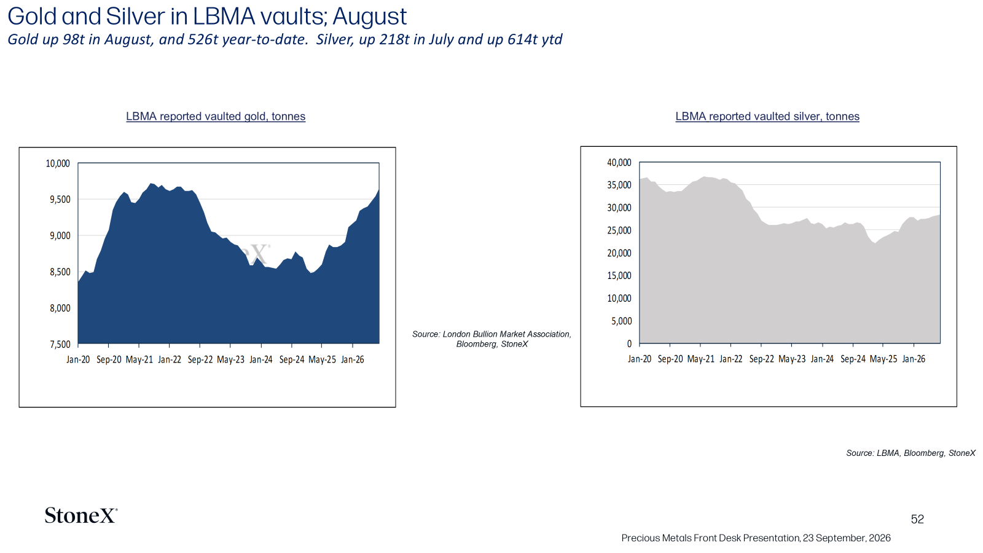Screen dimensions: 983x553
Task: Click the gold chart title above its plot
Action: pos(216,116)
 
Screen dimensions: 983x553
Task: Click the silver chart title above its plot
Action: pos(767,116)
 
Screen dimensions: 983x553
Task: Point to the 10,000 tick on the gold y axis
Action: pos(58,163)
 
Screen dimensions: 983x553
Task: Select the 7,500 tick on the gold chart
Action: pos(60,345)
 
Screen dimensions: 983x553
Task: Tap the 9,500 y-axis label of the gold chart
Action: pos(60,200)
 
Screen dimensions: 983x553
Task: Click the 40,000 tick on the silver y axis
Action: pos(619,163)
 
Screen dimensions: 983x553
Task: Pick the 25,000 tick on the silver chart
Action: pos(619,230)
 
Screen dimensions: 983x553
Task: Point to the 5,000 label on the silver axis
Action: pos(621,321)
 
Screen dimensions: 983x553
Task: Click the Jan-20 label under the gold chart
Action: pos(78,359)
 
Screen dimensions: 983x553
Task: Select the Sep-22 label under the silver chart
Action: pos(761,359)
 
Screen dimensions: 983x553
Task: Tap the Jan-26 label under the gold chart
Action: pos(353,359)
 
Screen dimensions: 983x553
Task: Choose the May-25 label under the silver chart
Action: pos(883,359)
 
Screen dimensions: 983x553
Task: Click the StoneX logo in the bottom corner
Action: pos(81,516)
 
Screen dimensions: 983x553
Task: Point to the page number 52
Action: pos(917,519)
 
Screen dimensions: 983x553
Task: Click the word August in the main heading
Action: pos(369,17)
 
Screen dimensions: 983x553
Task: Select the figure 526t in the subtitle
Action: pos(203,39)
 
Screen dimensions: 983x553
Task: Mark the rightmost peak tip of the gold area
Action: pos(378,189)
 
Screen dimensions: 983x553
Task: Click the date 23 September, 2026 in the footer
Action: pos(847,538)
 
